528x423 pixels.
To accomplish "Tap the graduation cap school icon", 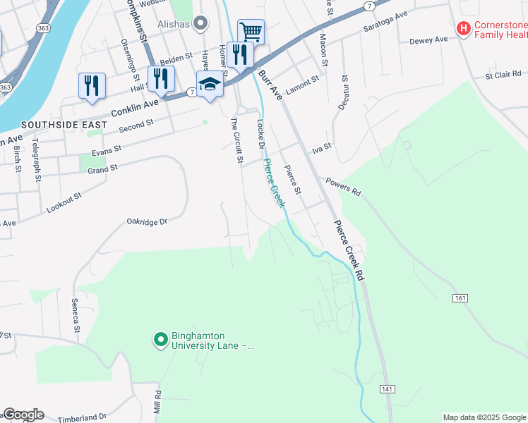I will pyautogui.click(x=210, y=85).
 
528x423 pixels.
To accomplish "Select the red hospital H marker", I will pyautogui.click(x=464, y=29).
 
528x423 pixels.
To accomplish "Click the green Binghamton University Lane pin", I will pyautogui.click(x=161, y=341).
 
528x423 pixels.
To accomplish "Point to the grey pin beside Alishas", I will pyautogui.click(x=201, y=24).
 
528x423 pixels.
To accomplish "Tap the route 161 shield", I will pyautogui.click(x=460, y=299).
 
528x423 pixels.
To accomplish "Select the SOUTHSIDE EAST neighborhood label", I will pyautogui.click(x=64, y=125).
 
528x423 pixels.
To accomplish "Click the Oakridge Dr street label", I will pyautogui.click(x=147, y=221).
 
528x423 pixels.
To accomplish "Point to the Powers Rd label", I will pyautogui.click(x=343, y=186).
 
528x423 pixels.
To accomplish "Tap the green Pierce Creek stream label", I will pyautogui.click(x=274, y=183).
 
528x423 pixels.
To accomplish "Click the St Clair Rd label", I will pyautogui.click(x=503, y=73).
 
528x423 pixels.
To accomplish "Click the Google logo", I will pyautogui.click(x=23, y=415).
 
